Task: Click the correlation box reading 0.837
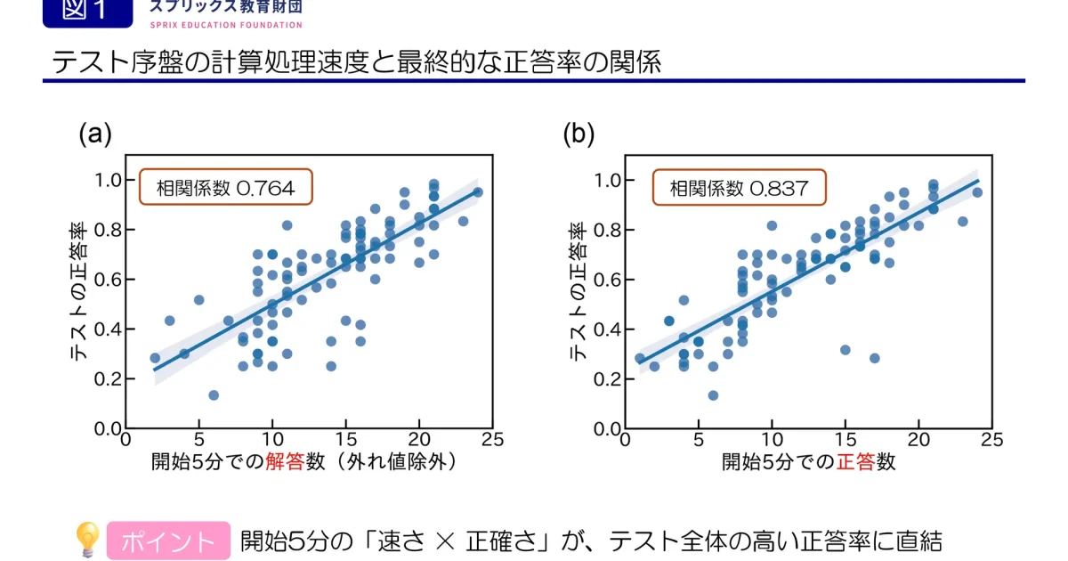pos(739,188)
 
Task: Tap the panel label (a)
pos(95,134)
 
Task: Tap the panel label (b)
pos(578,134)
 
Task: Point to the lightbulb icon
pos(86,540)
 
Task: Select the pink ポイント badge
pos(168,541)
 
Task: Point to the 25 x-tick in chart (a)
pos(492,439)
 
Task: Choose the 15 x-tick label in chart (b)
pos(845,439)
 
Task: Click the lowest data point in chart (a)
pos(214,394)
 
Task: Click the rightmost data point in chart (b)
pos(977,192)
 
